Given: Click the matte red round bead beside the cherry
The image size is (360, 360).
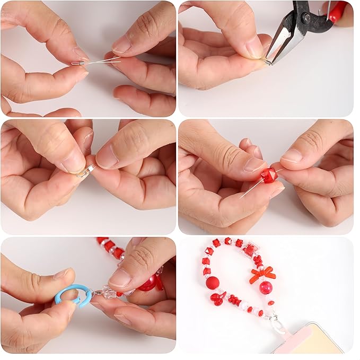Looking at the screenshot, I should point(213,282).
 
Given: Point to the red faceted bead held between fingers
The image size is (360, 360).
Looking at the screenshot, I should point(269,175).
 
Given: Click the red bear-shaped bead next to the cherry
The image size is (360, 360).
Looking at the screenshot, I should point(235,300).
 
